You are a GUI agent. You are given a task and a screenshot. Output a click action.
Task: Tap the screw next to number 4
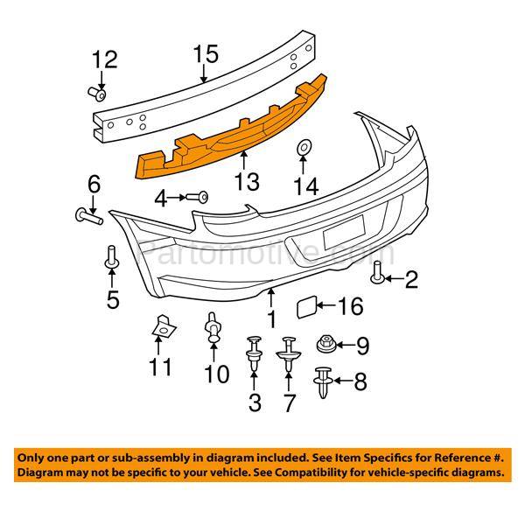tap(200, 199)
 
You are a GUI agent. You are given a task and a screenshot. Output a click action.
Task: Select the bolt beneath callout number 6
tap(85, 212)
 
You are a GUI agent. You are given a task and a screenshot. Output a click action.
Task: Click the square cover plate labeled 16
tap(306, 305)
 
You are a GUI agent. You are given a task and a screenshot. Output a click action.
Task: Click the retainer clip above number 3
tap(255, 348)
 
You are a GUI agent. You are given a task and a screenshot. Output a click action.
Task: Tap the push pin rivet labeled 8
tap(322, 382)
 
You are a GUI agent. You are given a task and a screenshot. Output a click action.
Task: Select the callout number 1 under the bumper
tap(271, 318)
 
